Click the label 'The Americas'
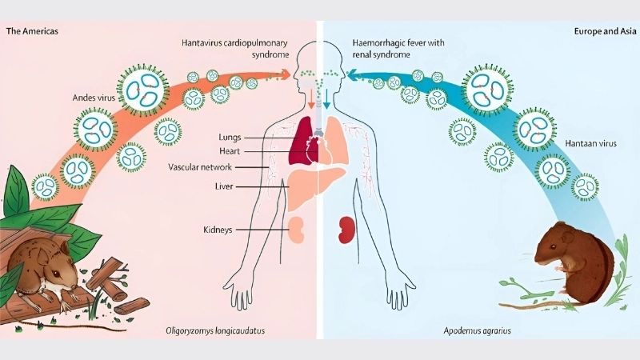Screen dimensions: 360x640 click(32, 31)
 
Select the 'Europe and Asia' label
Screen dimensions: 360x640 click(604, 31)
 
